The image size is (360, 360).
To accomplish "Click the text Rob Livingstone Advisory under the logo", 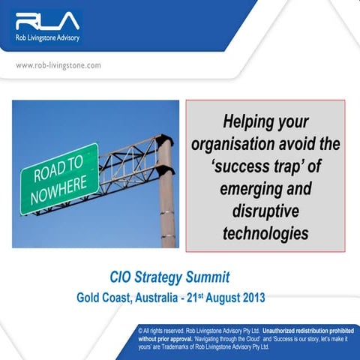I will click(46, 37).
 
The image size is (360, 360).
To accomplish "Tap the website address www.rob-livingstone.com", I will click(58, 65).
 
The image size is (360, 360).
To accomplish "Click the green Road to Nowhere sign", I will click(58, 178).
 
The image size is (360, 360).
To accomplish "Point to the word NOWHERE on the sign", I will click(61, 188).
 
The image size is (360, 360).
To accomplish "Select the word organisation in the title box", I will click(236, 143).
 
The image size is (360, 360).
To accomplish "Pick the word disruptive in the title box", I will click(265, 210).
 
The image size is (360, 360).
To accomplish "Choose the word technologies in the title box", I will click(265, 232).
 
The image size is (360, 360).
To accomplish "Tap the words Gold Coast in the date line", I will click(104, 298).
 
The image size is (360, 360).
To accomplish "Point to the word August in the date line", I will click(214, 298).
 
